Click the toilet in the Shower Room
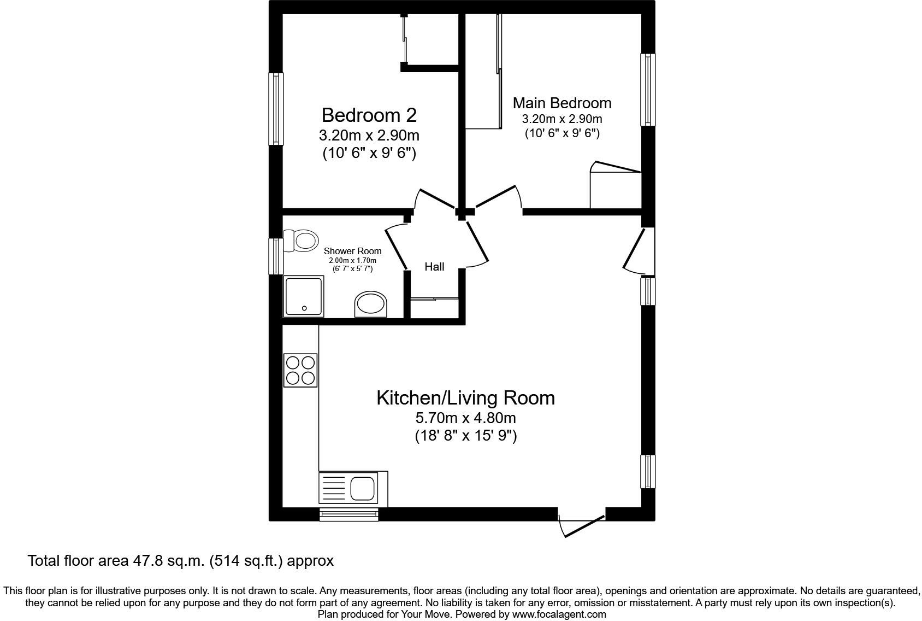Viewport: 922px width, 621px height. tap(302, 241)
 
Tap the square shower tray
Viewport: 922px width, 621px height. tap(303, 296)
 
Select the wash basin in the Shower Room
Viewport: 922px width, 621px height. tap(371, 304)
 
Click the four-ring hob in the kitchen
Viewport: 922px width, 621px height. tap(300, 370)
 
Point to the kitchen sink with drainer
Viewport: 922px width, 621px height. tap(353, 488)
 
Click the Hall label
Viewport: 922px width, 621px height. tap(434, 267)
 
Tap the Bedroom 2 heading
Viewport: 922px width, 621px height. tap(369, 115)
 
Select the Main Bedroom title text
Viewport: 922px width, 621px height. tap(562, 103)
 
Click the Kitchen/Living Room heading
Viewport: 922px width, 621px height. tap(465, 397)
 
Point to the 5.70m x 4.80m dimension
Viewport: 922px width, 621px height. tap(465, 418)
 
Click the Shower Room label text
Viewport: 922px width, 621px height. tap(352, 251)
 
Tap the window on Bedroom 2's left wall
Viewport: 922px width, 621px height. tap(276, 109)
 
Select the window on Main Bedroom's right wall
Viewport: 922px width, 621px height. tap(648, 90)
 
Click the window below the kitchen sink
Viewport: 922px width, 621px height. tap(349, 514)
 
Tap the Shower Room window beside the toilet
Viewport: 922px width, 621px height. tap(276, 255)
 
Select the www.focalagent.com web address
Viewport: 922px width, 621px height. tap(559, 614)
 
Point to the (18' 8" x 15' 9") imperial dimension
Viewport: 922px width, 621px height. tap(465, 436)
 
